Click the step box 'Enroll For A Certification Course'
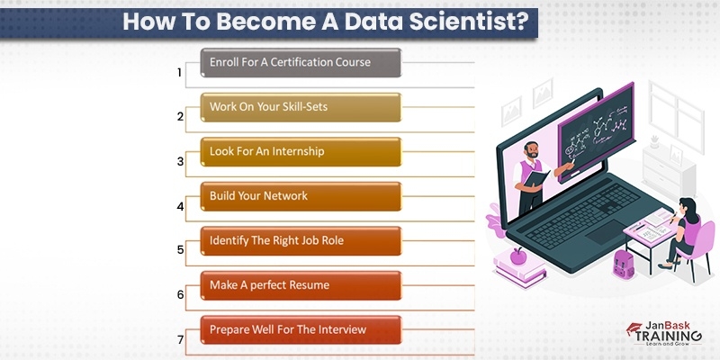click(x=300, y=63)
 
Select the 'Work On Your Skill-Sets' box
click(x=300, y=107)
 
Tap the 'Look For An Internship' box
click(x=300, y=151)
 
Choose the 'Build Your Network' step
click(x=300, y=195)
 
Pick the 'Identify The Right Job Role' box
click(x=300, y=240)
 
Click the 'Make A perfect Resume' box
click(x=300, y=284)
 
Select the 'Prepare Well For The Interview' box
click(x=300, y=329)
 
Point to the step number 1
click(x=179, y=72)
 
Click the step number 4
click(x=180, y=206)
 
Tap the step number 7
click(x=180, y=340)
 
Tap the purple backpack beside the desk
click(x=621, y=263)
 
